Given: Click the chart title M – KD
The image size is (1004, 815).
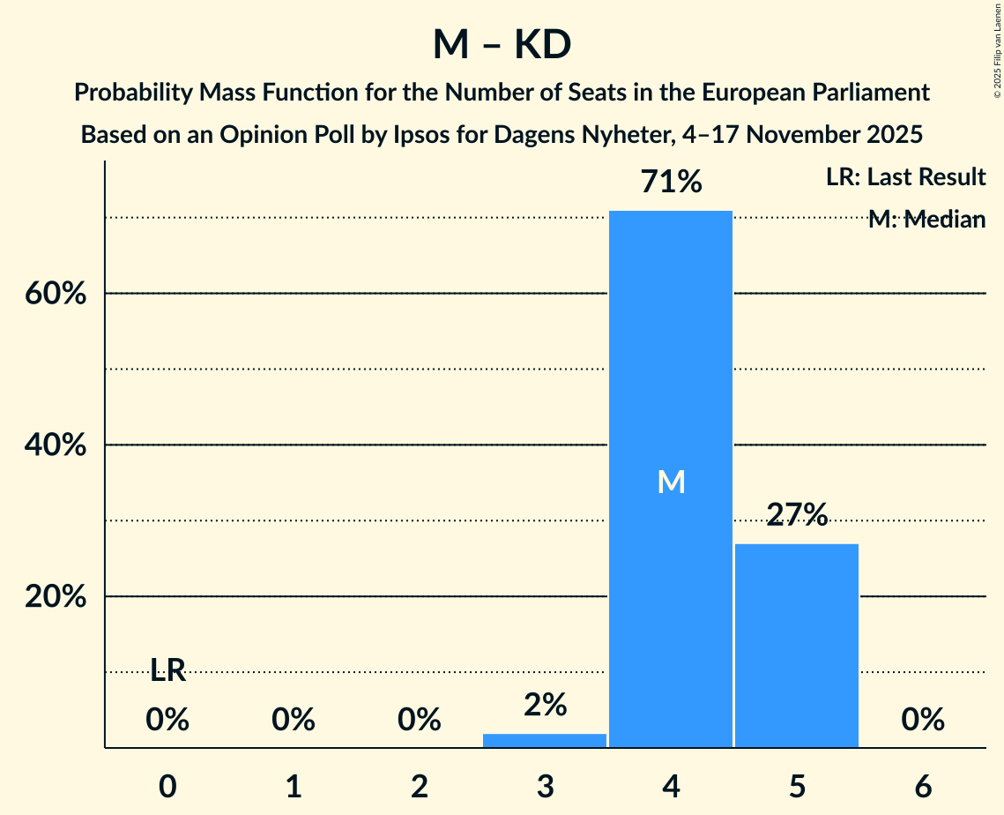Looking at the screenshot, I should click(502, 45).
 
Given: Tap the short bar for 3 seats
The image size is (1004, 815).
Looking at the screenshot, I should click(545, 741).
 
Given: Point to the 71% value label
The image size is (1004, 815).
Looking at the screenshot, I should click(671, 183).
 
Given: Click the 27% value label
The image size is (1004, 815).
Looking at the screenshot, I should click(797, 515).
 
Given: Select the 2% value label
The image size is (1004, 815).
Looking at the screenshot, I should click(545, 705).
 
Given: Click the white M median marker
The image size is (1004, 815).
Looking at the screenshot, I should click(671, 482).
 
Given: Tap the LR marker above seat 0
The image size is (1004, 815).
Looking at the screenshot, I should click(167, 671).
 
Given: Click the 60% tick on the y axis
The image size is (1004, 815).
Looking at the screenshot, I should click(56, 294).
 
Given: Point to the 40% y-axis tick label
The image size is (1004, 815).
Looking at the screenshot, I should click(56, 445).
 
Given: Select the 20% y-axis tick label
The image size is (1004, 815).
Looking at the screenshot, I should click(56, 597).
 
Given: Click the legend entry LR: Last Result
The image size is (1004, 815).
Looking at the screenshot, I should click(905, 177).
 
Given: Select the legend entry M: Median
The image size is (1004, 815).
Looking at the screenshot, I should click(926, 220).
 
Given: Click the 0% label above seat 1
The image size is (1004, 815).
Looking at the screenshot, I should click(294, 721).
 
